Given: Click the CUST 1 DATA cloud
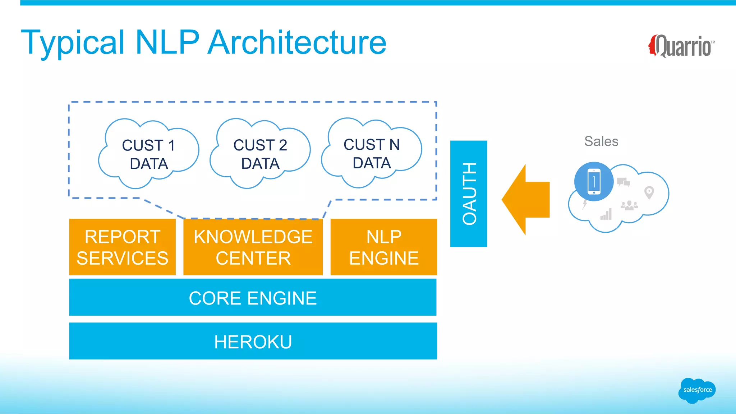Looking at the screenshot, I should (148, 154).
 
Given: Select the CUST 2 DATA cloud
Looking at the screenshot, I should (260, 154).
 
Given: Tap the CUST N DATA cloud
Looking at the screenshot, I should (371, 153).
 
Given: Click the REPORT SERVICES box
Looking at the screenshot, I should (122, 247).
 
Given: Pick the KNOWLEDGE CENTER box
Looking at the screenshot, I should (253, 247).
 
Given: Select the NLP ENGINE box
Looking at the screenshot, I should (383, 247).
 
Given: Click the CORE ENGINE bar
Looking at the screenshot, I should (253, 298).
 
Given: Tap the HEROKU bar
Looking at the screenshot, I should (253, 341).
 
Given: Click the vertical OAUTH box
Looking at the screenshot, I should (469, 194).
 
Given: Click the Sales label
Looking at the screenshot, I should (601, 141).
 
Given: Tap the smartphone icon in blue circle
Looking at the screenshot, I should (594, 182).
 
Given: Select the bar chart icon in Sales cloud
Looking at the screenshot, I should (606, 214).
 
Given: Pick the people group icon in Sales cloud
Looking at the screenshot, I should (629, 205).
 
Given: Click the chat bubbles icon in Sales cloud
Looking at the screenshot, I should (623, 182).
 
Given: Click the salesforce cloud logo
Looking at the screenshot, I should (697, 390).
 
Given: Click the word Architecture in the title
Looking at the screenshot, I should (297, 42).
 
